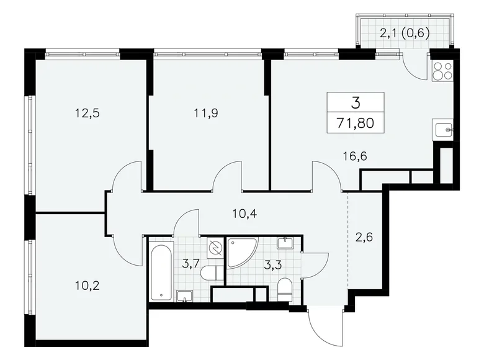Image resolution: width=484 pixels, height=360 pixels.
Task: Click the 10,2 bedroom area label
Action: [87, 286]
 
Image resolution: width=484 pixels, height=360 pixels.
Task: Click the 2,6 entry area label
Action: [365, 236]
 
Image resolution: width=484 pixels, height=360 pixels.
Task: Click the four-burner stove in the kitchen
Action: [444, 72]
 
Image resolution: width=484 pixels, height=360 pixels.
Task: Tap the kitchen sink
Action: [444, 130]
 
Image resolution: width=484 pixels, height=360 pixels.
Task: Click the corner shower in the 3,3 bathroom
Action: [240, 251]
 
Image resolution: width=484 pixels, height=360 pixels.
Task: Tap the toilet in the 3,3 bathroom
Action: [285, 287]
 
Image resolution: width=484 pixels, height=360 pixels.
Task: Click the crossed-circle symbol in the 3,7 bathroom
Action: [214, 248]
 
